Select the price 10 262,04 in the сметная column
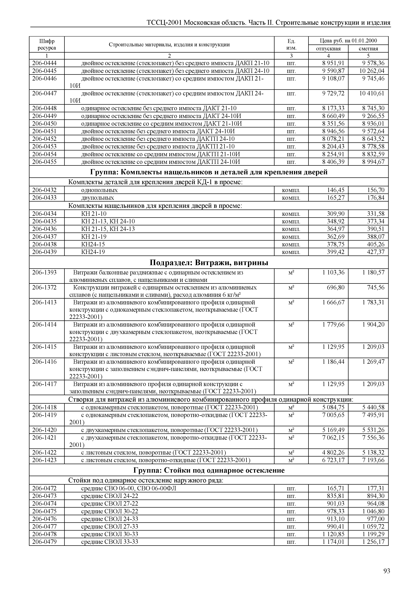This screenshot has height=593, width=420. click(x=372, y=71)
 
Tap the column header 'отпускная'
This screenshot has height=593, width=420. click(x=328, y=49)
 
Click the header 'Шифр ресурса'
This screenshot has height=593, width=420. click(x=47, y=44)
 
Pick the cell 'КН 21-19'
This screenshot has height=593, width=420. click(x=94, y=237)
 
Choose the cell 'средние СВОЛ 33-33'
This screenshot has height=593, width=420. click(x=110, y=542)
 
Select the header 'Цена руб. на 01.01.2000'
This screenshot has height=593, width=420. click(x=348, y=41)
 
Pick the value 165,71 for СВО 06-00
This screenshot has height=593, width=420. click(x=336, y=488)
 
